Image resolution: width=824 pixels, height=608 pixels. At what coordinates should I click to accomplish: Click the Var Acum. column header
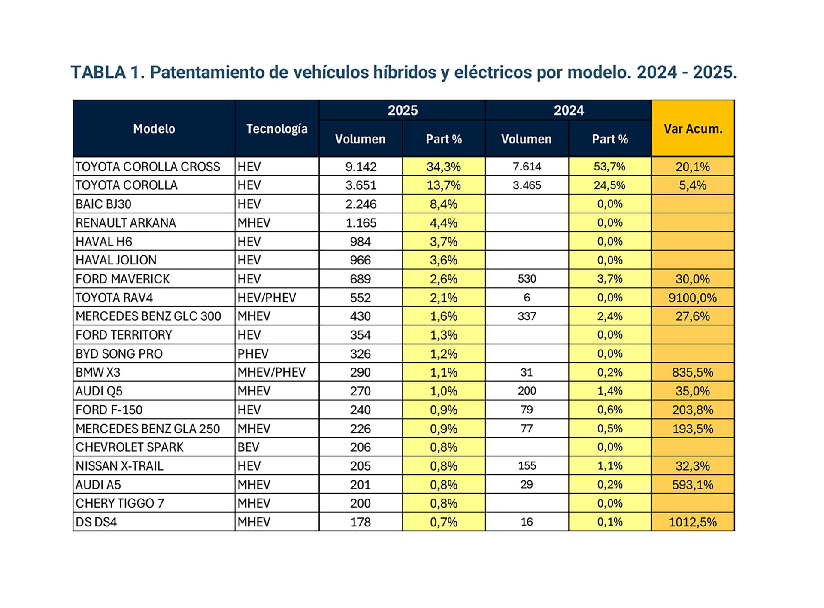693,128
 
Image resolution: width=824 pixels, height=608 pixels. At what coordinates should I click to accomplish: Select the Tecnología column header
277,128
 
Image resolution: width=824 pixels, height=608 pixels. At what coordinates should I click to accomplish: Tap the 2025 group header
402,110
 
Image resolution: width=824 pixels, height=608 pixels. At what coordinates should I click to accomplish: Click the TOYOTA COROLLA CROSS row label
148,167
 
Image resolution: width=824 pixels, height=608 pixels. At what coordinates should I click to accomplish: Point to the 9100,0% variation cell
692,298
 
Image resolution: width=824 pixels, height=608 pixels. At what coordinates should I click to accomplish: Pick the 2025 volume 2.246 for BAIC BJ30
360,204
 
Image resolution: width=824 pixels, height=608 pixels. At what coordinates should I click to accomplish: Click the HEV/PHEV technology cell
267,298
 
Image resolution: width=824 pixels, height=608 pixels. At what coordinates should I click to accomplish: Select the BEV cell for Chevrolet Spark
248,447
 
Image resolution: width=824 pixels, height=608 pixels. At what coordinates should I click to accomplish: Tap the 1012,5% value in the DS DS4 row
692,522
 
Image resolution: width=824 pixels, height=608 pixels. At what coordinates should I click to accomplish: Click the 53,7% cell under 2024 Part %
609,167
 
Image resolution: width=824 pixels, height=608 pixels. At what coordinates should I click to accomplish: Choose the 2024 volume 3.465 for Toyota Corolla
527,185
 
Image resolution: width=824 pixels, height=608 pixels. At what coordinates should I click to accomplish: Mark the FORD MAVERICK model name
123,279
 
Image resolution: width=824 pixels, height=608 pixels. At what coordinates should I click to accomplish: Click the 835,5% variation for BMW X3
692,372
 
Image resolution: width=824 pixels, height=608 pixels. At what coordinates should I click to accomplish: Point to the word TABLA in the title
98,72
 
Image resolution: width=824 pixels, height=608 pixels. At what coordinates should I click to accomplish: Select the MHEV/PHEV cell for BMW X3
272,372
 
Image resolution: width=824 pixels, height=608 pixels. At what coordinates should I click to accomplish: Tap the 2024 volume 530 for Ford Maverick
527,279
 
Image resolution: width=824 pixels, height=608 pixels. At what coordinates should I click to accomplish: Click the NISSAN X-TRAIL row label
119,466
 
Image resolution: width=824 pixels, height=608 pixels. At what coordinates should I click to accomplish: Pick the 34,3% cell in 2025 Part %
443,167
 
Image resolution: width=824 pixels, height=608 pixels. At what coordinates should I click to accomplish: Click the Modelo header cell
154,128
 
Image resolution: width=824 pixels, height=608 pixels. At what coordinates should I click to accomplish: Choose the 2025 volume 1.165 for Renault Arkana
360,223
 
